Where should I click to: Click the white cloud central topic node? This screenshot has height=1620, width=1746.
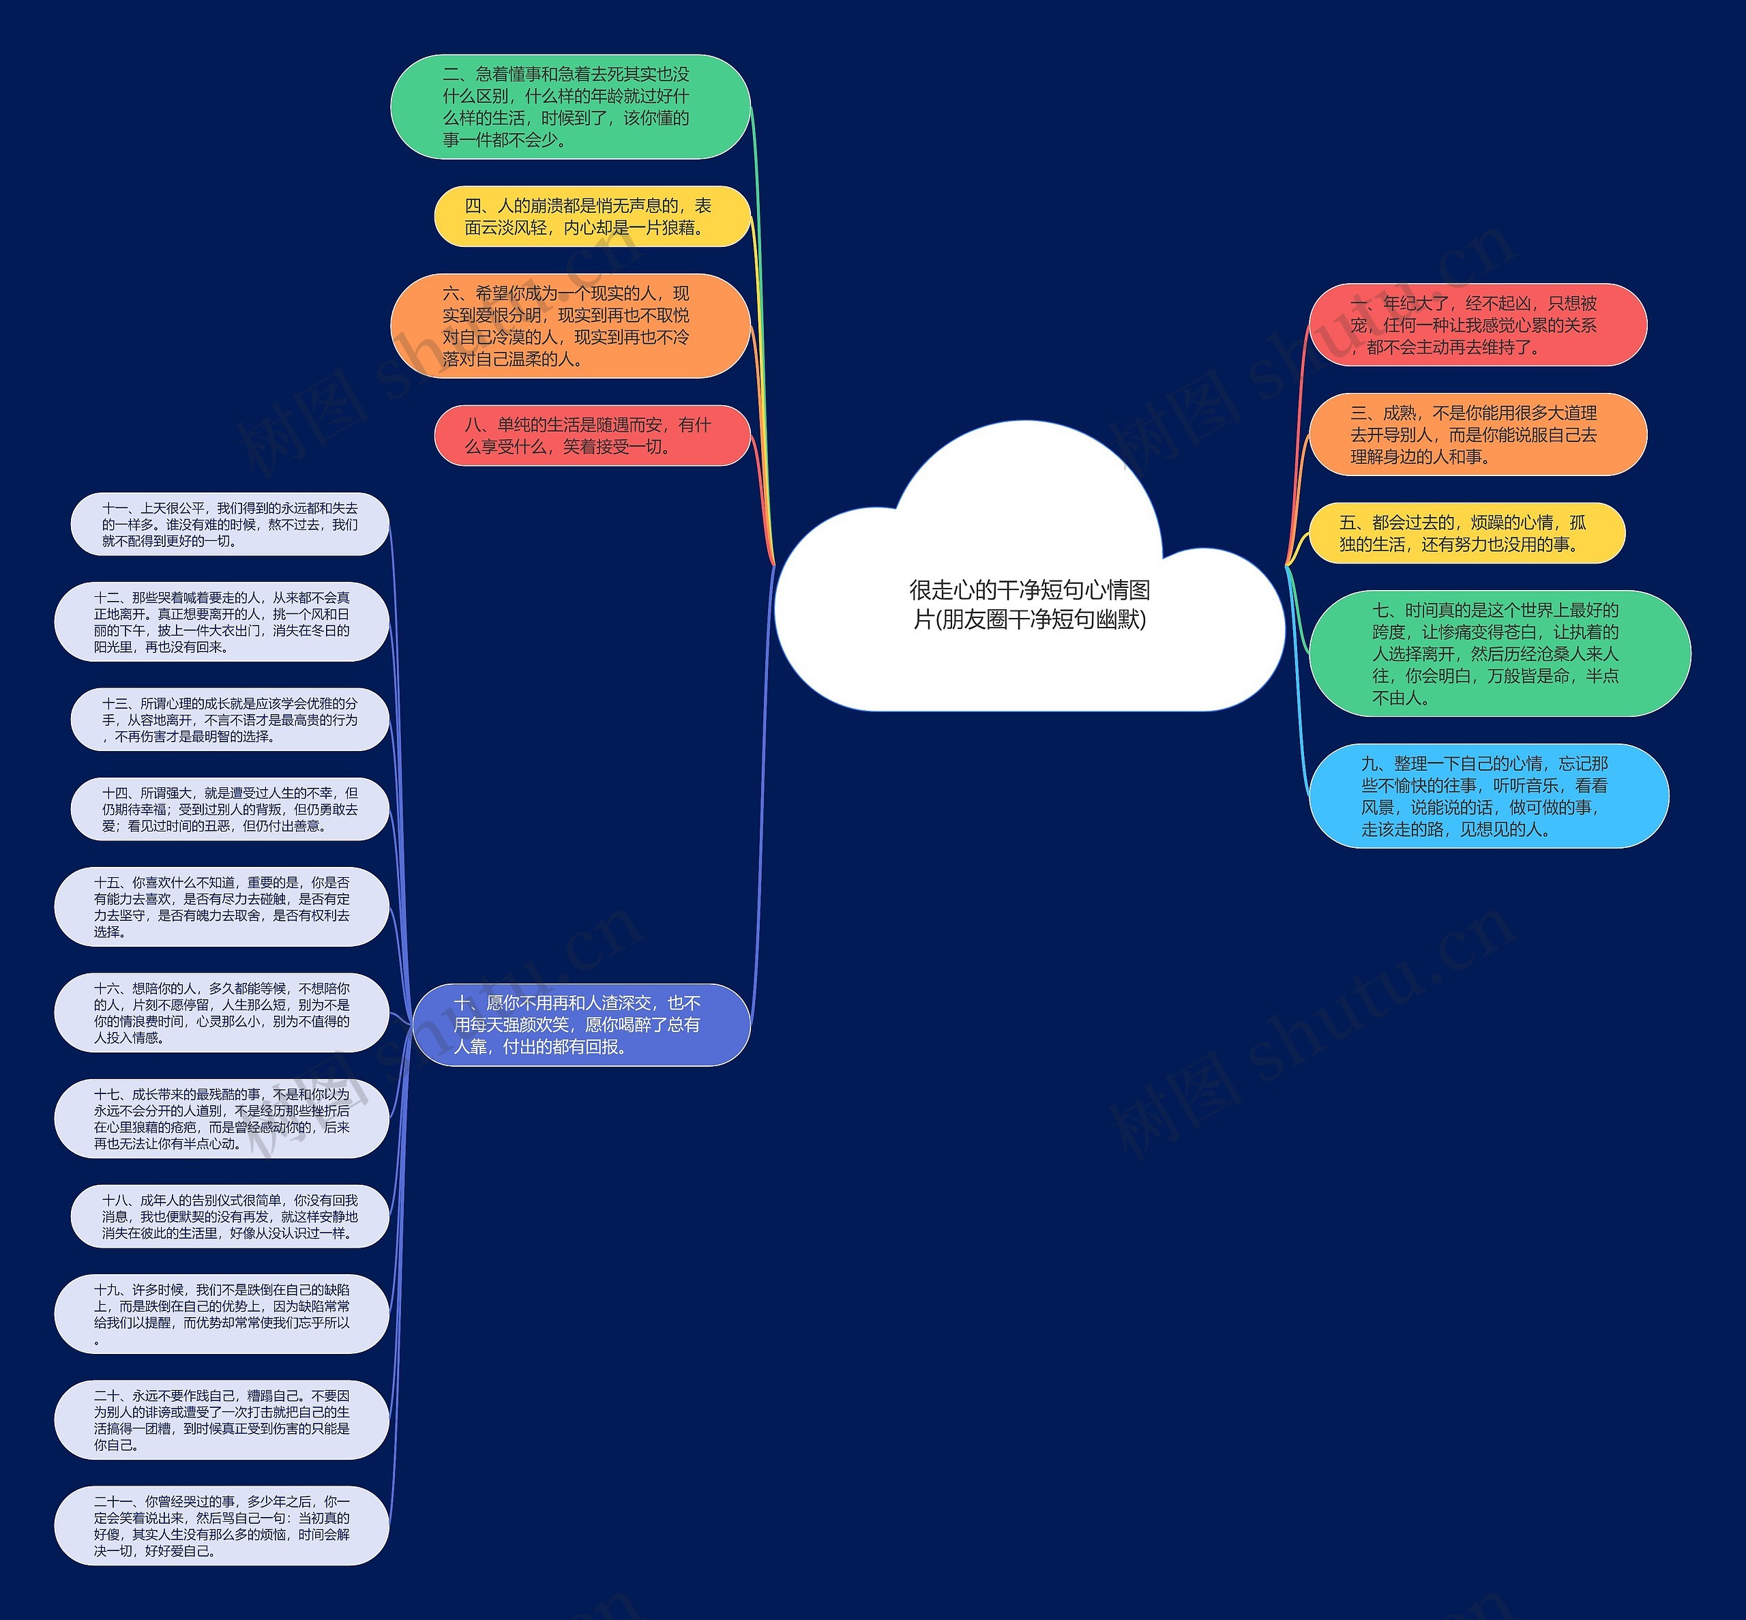click(1029, 605)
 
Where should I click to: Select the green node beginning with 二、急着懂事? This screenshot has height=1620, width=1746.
click(569, 107)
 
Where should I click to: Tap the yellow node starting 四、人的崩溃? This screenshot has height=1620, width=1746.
click(593, 216)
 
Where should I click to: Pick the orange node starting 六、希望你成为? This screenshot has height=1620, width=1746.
click(569, 326)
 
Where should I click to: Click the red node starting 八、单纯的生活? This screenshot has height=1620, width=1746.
click(593, 436)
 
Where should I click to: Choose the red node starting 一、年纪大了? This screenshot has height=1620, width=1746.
click(1478, 325)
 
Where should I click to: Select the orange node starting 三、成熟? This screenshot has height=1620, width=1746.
click(1478, 435)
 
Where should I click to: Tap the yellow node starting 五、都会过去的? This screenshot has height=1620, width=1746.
click(1466, 533)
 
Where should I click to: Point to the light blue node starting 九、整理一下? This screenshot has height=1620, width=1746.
click(1488, 796)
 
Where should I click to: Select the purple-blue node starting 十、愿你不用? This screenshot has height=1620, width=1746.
click(581, 1025)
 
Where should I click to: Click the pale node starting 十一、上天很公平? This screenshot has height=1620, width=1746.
click(230, 525)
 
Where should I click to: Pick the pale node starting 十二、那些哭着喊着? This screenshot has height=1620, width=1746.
click(222, 621)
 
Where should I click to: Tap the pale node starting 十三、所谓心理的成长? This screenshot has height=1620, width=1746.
click(230, 720)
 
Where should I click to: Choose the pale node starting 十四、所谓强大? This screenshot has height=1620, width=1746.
click(230, 809)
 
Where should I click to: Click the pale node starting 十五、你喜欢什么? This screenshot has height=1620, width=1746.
click(222, 907)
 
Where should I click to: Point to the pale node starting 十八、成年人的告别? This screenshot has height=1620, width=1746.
click(230, 1216)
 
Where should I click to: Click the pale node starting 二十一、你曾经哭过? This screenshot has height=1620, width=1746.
click(222, 1525)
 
